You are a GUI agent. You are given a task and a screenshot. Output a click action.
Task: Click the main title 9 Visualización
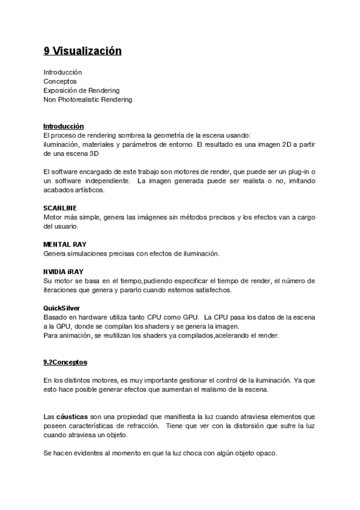(82, 51)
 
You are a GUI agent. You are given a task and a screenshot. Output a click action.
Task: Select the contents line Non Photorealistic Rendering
(88, 99)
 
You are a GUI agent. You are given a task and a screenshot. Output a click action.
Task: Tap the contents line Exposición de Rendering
(81, 90)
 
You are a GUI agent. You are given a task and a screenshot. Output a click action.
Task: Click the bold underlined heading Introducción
(63, 126)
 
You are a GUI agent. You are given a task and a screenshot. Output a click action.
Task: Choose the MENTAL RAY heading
(65, 245)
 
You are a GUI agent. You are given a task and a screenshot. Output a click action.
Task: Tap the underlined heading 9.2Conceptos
(66, 362)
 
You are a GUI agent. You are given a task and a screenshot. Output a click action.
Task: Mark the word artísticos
(87, 190)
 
